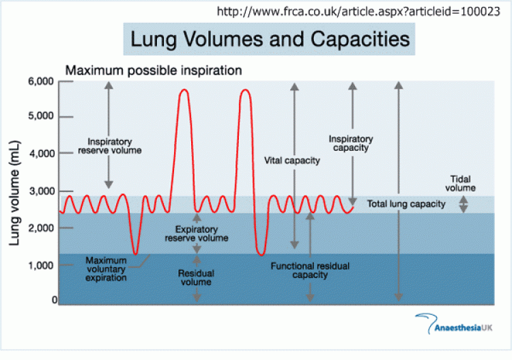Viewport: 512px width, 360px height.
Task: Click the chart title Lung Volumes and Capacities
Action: coord(270,39)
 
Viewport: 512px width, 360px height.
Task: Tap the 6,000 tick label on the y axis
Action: coord(41,81)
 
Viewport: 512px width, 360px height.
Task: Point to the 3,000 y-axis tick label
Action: coord(42,191)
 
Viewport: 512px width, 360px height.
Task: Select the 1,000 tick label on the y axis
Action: coord(41,265)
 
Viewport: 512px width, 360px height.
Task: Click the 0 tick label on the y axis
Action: coord(55,300)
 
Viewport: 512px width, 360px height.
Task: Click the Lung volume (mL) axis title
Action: coord(15,193)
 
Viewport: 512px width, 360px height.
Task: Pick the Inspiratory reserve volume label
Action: coord(110,146)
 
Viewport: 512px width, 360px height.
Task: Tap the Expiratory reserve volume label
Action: coord(196,234)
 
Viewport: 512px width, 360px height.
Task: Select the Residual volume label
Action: coord(196,277)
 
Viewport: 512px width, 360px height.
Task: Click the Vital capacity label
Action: coord(292,161)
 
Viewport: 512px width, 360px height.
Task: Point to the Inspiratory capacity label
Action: coord(351,143)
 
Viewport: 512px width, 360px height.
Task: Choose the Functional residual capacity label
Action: coord(310,271)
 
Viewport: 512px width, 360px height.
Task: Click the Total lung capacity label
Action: coord(406,204)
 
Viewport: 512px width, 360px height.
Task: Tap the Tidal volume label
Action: coord(460,183)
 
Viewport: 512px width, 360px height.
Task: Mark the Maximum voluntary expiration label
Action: coord(106,269)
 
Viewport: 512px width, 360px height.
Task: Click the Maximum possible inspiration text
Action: coord(154,70)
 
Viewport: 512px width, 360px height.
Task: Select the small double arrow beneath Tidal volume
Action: coord(464,204)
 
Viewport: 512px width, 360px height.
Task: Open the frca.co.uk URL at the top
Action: coord(358,12)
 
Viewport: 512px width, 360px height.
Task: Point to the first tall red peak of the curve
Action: coord(184,89)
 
